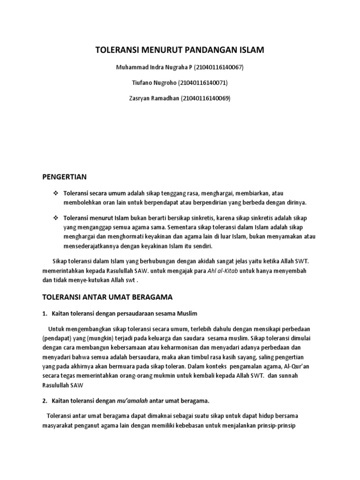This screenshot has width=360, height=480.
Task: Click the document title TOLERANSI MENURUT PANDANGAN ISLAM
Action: point(180,50)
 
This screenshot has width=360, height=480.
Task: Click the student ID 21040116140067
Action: point(218,67)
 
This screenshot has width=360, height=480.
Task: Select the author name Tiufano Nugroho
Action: point(152,82)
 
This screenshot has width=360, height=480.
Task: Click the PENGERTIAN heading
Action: point(65,177)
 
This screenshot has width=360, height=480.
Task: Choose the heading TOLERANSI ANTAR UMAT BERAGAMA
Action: point(108,297)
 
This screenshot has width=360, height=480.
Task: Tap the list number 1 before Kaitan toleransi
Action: point(45,313)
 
